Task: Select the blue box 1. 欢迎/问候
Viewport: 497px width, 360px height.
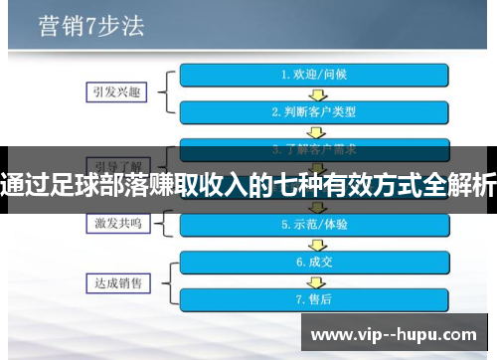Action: [x=315, y=74]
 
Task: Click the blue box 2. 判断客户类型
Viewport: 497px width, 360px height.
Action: [x=315, y=111]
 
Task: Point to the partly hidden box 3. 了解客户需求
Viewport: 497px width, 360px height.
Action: [x=315, y=148]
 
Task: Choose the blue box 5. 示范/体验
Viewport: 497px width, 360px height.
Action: [x=315, y=225]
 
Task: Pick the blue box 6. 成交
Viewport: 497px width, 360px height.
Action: [x=315, y=263]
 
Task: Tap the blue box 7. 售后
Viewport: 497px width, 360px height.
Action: [x=315, y=298]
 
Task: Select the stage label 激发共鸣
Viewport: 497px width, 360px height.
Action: [x=114, y=224]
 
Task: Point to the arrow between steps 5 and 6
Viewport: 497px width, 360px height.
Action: [x=315, y=244]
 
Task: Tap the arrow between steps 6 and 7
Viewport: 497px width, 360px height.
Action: [x=315, y=280]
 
